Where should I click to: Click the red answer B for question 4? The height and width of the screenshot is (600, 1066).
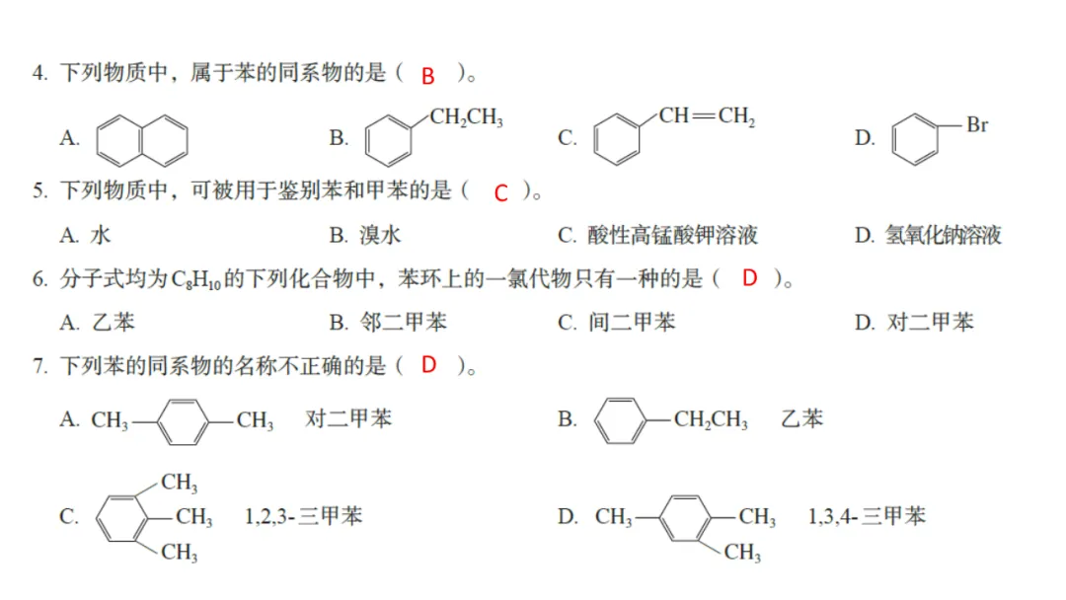(427, 76)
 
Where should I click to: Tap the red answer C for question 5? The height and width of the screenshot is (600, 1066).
(500, 193)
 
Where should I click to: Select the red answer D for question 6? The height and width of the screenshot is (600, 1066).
(749, 279)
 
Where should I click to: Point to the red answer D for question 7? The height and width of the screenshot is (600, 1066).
(428, 365)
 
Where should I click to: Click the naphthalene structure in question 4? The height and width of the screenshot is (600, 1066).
(142, 138)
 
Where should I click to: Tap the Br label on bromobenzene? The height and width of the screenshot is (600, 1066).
(976, 125)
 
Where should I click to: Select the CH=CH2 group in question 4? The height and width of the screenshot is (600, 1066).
(707, 116)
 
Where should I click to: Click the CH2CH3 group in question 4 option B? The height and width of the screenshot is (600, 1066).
(466, 118)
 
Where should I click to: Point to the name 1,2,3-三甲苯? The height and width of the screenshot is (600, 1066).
(303, 516)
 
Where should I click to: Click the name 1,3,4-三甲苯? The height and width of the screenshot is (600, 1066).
(866, 516)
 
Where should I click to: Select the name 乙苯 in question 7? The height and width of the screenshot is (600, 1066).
(801, 418)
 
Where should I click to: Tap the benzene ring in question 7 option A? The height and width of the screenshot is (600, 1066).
(183, 420)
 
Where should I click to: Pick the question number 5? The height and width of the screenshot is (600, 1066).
(39, 191)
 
